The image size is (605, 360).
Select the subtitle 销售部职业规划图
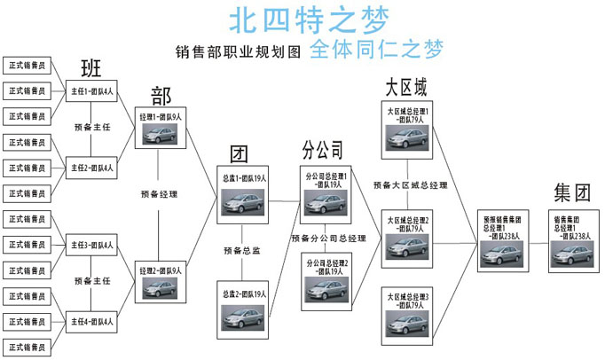click(x=239, y=51)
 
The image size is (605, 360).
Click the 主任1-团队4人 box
click(x=91, y=91)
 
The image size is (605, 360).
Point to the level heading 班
click(x=91, y=67)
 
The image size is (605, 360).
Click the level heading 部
click(x=161, y=95)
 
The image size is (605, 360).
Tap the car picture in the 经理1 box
click(x=161, y=134)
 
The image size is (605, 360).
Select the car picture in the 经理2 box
click(x=161, y=288)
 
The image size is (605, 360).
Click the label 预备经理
click(x=160, y=193)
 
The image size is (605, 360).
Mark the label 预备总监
click(x=241, y=251)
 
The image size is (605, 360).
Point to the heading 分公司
click(x=322, y=148)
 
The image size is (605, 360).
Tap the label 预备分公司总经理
click(x=328, y=239)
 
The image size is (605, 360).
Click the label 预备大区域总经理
click(x=410, y=185)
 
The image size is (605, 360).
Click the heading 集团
click(x=571, y=191)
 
